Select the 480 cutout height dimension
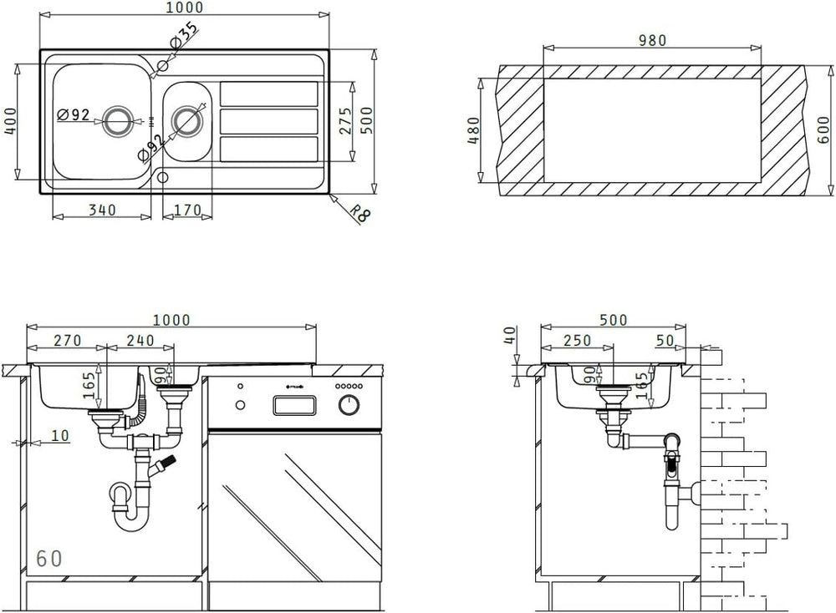[x=474, y=130]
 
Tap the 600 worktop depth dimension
[x=827, y=130]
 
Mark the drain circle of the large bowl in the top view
[x=118, y=121]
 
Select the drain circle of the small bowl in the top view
[x=187, y=121]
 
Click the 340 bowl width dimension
[x=102, y=210]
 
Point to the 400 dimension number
[x=11, y=120]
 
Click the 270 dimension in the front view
[x=66, y=341]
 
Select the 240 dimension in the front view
[x=140, y=341]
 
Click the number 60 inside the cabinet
[x=49, y=559]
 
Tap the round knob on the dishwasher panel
[x=348, y=406]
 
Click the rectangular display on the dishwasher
[x=295, y=406]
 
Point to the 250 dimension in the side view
[x=577, y=341]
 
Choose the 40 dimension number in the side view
[x=509, y=335]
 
